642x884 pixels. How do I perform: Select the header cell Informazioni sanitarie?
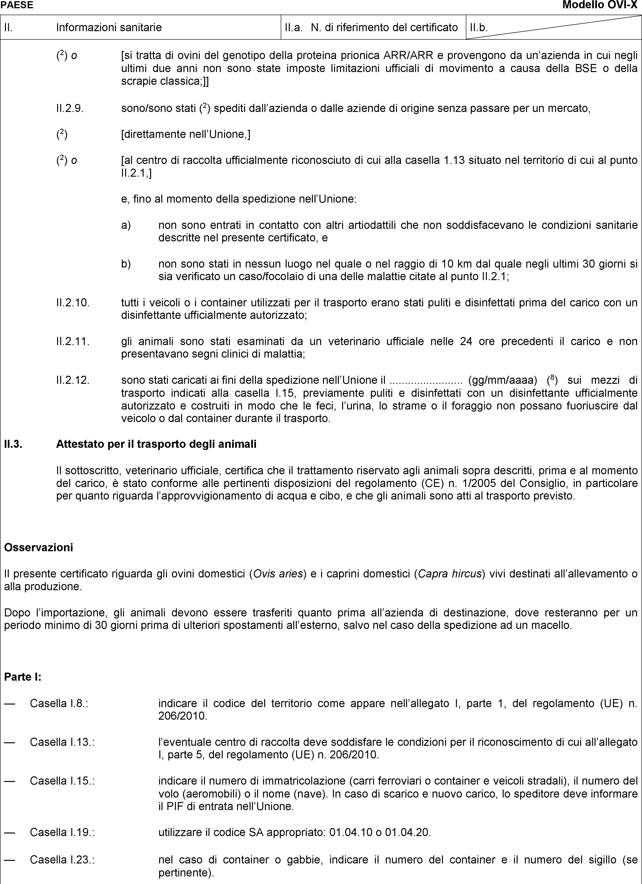[109, 27]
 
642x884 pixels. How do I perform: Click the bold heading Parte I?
[23, 677]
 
